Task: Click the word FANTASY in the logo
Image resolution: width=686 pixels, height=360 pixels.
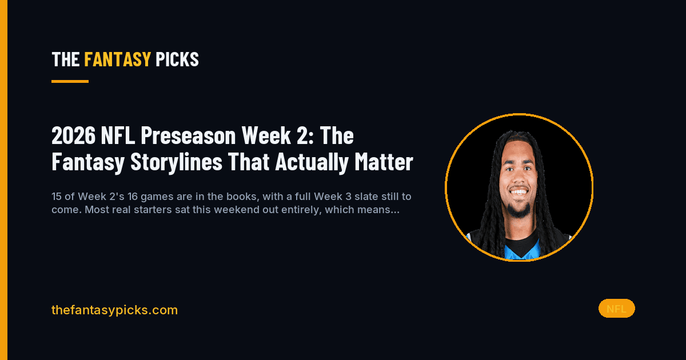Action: (x=117, y=59)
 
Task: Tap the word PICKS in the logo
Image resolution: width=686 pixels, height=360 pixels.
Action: (x=177, y=59)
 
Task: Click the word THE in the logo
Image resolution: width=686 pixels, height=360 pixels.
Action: (x=66, y=59)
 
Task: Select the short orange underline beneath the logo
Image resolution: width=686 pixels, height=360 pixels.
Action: (x=70, y=81)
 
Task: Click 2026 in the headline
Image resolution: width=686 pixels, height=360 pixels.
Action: (x=74, y=135)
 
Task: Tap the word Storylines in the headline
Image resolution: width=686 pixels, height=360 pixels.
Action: (x=176, y=162)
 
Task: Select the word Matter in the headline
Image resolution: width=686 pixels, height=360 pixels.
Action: (x=384, y=162)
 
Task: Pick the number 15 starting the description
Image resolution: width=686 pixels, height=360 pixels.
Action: (x=57, y=197)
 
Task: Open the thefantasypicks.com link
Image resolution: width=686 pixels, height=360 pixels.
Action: (x=114, y=310)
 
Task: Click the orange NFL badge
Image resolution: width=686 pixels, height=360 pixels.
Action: (x=616, y=309)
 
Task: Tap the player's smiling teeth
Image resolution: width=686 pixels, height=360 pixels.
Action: (x=519, y=192)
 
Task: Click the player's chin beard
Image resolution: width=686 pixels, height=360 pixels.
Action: (x=519, y=211)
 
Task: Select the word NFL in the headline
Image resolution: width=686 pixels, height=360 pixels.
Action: (x=118, y=135)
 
